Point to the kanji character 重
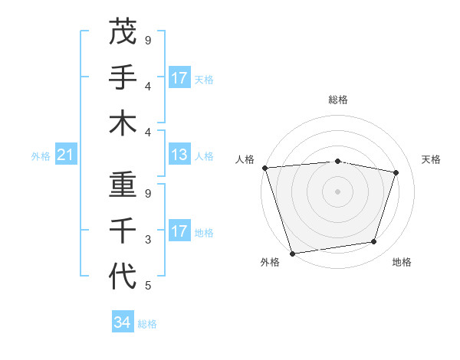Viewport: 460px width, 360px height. pos(123,185)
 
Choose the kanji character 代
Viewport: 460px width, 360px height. pos(123,277)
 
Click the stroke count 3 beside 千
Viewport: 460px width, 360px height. pos(148,240)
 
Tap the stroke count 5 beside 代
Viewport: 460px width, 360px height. pos(148,286)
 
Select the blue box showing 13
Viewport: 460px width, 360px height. pos(179,155)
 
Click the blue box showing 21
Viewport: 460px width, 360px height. pos(66,155)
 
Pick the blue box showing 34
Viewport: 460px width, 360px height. pos(123,322)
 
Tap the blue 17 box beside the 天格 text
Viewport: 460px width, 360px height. pos(179,78)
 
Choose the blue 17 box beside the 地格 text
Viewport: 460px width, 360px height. pos(179,231)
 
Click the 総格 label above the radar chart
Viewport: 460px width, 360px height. pos(338,100)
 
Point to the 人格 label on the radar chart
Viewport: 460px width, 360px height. pos(245,159)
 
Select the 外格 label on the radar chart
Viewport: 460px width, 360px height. pos(270,262)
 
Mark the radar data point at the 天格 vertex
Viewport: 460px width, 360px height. pos(396,172)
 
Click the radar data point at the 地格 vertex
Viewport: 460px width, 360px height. pos(374,242)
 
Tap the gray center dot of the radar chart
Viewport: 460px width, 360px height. pos(338,191)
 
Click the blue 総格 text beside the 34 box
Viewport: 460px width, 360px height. pos(147,324)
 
